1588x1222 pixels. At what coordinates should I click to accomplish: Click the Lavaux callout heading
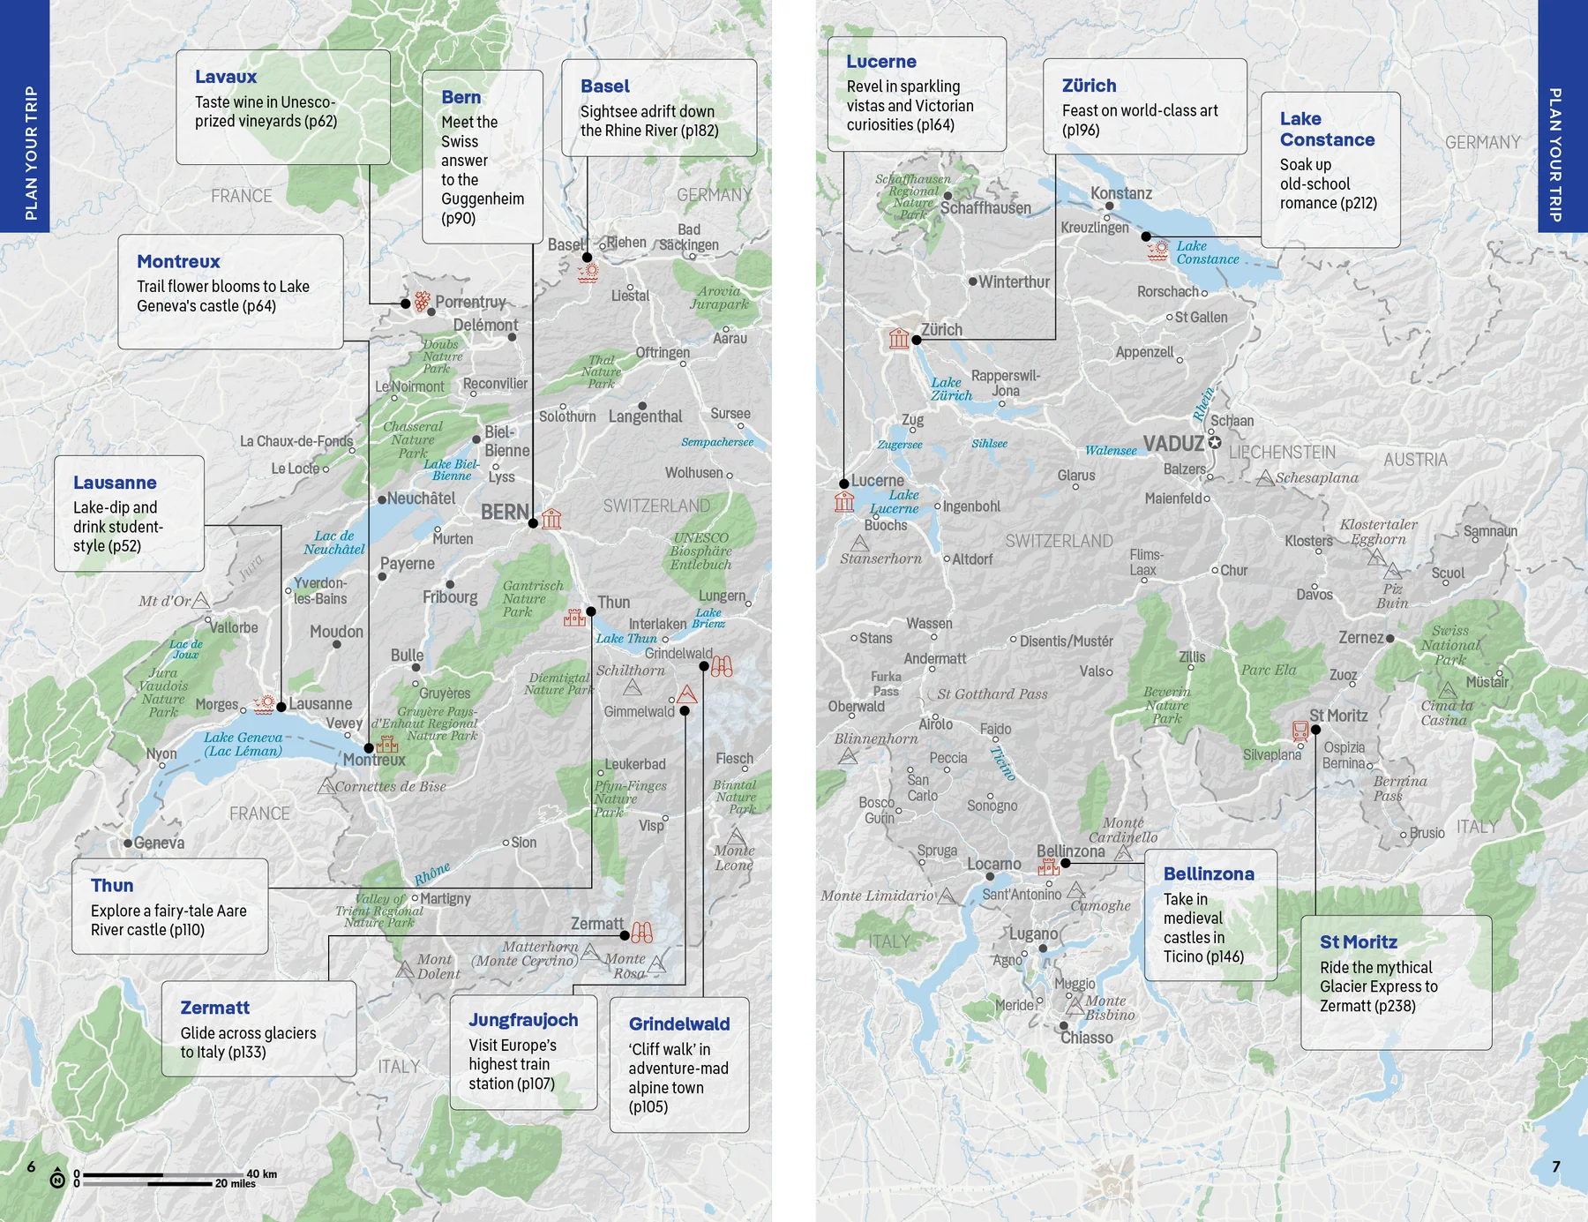[226, 77]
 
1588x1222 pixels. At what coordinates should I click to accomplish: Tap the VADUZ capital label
[1173, 443]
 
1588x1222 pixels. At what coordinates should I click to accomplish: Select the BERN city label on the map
[505, 512]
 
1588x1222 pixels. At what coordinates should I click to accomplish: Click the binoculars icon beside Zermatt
[642, 932]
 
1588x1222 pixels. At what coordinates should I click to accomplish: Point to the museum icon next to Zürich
[899, 338]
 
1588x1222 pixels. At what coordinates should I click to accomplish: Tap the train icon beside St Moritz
[1300, 730]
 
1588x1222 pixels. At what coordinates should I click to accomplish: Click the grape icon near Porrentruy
[423, 301]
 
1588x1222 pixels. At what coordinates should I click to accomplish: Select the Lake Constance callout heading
[1327, 129]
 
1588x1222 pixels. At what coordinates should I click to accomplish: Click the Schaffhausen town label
[985, 208]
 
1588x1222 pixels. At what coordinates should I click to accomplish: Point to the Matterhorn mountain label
[540, 947]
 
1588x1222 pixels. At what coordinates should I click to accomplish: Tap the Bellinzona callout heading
[1208, 873]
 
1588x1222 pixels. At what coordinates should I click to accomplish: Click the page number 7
[1556, 1166]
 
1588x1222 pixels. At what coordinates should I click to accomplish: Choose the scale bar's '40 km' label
[261, 1173]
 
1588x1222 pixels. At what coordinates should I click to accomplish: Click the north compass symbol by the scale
[57, 1179]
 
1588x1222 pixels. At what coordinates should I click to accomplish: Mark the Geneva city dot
[128, 843]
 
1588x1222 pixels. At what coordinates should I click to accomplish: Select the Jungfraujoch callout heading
[523, 1020]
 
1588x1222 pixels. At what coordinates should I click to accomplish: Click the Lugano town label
[1033, 933]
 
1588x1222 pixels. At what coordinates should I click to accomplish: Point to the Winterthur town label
[1014, 282]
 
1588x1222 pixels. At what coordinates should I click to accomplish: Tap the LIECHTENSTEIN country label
[1282, 453]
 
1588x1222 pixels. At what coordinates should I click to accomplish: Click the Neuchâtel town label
[421, 499]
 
